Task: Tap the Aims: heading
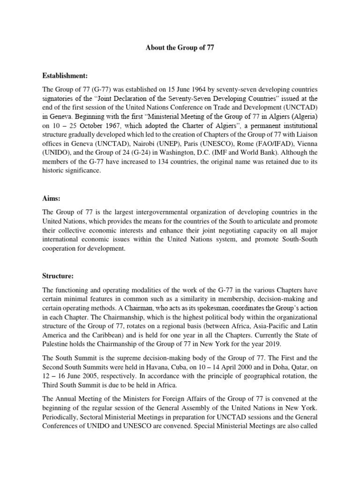(x=52, y=199)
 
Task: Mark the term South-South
(x=298, y=240)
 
